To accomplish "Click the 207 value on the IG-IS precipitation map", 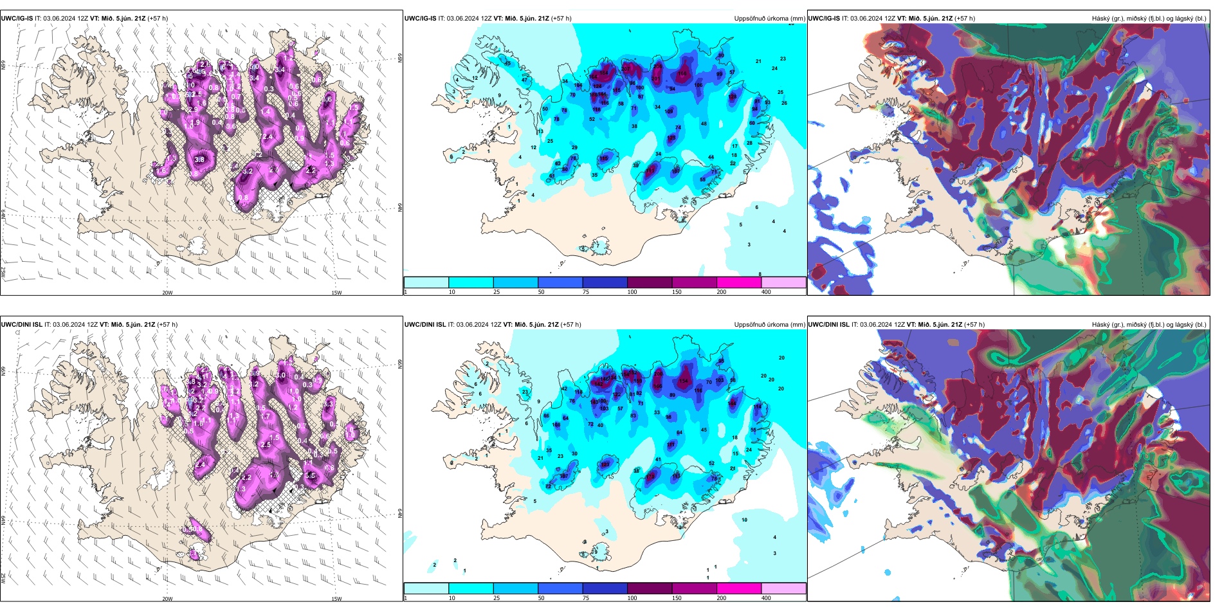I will point(626,68).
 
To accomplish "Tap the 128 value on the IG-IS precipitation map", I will point(732,97).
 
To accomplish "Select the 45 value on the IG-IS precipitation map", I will point(507,63).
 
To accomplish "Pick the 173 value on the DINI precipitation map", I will point(651,477).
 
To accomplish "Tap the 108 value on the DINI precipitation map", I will point(556,424).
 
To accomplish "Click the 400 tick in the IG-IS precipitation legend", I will point(766,292).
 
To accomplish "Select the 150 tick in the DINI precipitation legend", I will point(677,598).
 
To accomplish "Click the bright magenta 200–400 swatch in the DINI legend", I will point(738,588).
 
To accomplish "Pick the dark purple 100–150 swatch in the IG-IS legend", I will point(649,282).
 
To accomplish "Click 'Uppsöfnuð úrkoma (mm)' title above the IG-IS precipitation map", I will point(769,19).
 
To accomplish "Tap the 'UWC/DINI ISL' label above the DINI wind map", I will point(21,325).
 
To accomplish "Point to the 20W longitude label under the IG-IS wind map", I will point(167,293).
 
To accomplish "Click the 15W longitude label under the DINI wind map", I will point(336,599).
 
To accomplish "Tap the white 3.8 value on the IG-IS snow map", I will point(199,160).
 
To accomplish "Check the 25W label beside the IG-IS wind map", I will point(4,273).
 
